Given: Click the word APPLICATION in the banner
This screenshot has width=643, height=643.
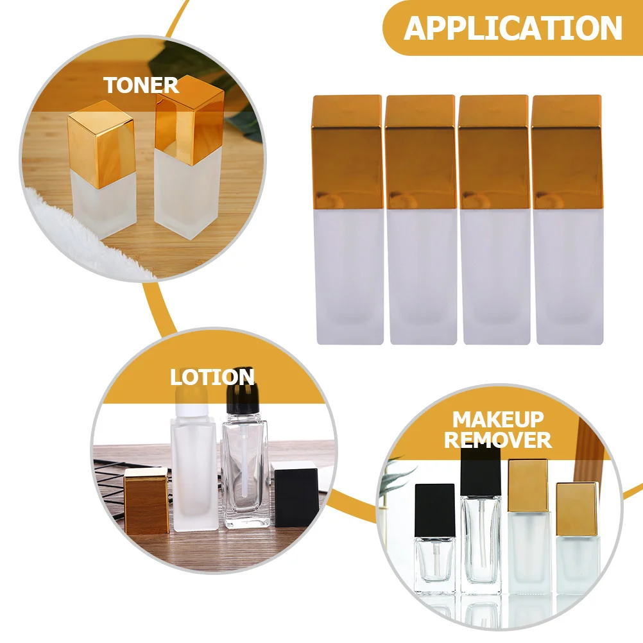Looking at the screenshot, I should pyautogui.click(x=513, y=28).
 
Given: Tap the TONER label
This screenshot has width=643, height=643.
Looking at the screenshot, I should pyautogui.click(x=141, y=85).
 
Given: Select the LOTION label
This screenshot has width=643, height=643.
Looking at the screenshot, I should pyautogui.click(x=212, y=377).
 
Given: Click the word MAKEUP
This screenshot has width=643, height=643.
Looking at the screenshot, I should pyautogui.click(x=498, y=420).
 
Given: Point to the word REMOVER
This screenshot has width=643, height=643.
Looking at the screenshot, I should pyautogui.click(x=498, y=440).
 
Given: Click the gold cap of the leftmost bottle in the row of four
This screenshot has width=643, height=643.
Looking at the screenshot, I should pyautogui.click(x=347, y=151).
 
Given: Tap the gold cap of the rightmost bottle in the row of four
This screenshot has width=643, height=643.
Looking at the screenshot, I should pyautogui.click(x=567, y=151).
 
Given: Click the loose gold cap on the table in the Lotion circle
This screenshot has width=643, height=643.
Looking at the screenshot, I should pyautogui.click(x=146, y=501).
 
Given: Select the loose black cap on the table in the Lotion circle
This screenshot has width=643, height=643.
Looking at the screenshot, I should pyautogui.click(x=295, y=494).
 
